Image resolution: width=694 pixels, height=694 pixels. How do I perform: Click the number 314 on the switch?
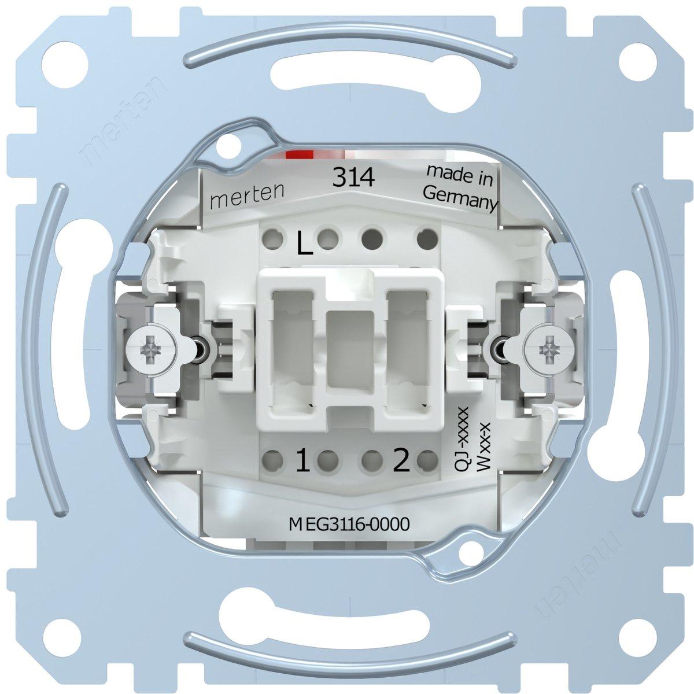pyautogui.click(x=353, y=178)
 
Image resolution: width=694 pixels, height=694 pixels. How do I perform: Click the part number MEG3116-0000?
pyautogui.click(x=349, y=525)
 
